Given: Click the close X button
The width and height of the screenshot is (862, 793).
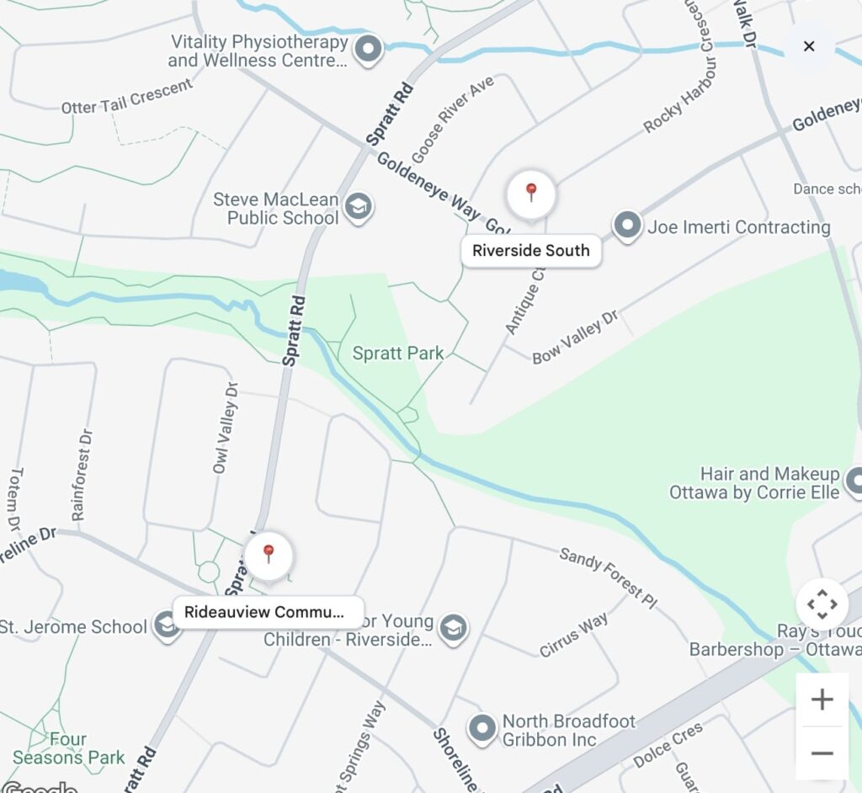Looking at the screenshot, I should [x=809, y=46].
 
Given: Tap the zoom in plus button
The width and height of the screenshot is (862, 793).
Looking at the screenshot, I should [x=822, y=700].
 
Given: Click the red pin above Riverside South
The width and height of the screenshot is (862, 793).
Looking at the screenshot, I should [x=531, y=194].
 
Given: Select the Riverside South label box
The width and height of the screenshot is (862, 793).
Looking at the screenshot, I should [x=531, y=251].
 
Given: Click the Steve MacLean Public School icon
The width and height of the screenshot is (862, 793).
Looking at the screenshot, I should [x=359, y=207].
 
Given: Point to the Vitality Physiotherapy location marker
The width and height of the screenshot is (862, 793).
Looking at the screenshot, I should [x=368, y=50].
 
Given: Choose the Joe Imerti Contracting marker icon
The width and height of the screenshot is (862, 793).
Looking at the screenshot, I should [x=626, y=226].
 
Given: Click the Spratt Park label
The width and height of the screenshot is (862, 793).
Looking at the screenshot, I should [x=398, y=354].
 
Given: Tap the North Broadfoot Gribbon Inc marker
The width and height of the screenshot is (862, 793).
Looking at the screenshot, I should [x=482, y=729].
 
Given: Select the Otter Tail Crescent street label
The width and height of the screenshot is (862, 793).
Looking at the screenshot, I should [x=127, y=96].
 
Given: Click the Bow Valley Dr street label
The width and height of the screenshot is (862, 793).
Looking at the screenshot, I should [x=576, y=337].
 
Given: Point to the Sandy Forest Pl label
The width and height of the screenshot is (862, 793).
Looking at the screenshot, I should [x=608, y=578].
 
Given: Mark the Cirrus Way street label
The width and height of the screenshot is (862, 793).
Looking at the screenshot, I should [x=574, y=635].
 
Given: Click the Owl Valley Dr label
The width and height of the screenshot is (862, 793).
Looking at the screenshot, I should [x=226, y=426].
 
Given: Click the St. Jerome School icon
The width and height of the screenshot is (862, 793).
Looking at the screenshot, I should [x=166, y=627].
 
